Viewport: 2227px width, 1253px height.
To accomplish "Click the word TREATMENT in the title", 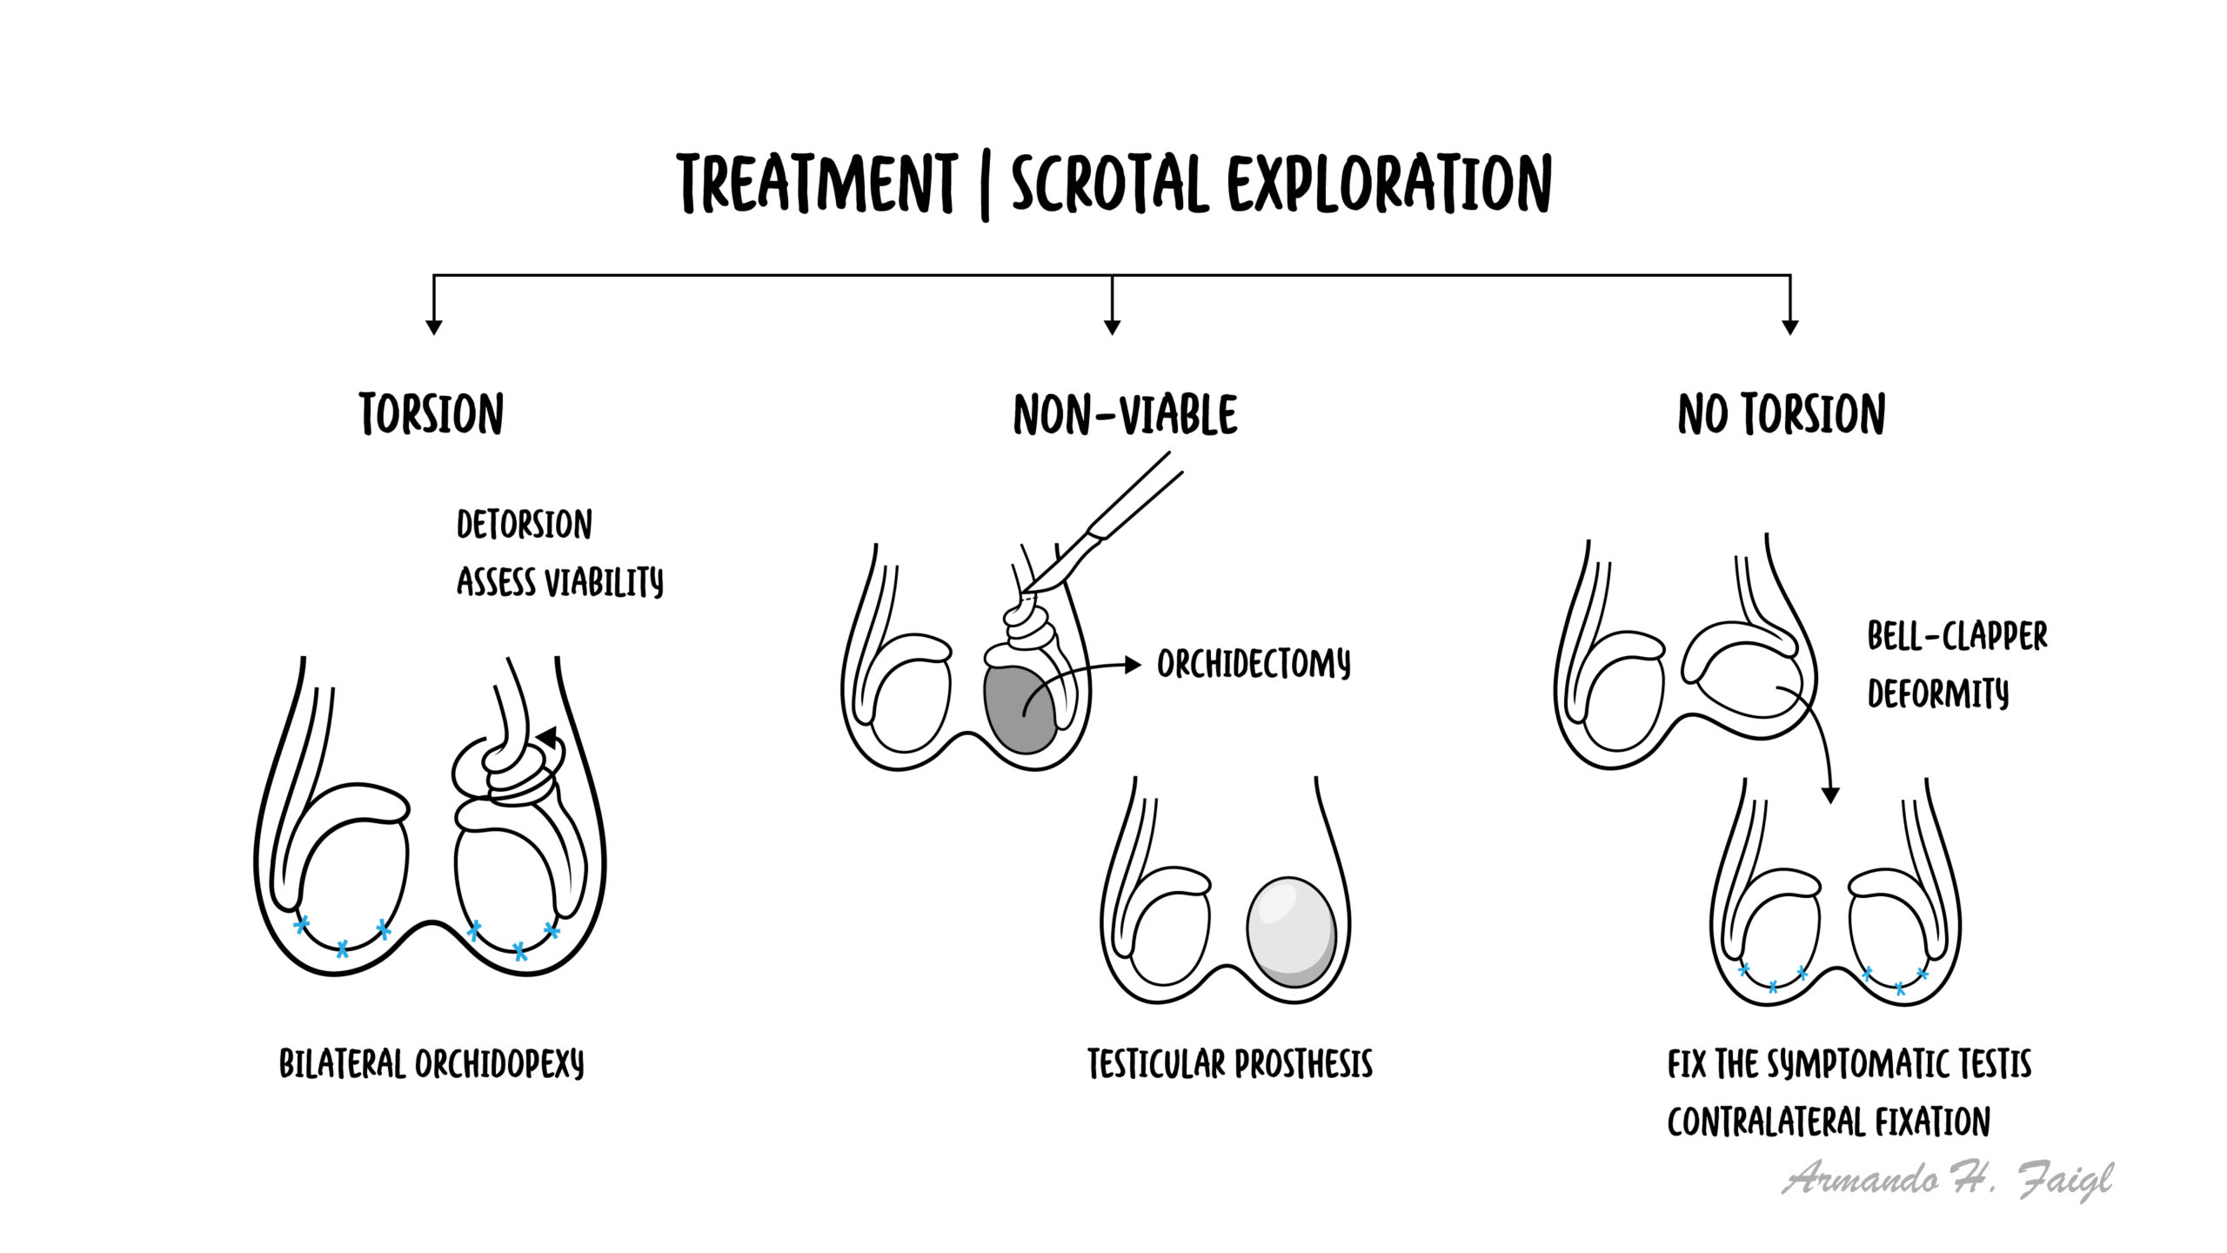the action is [817, 184].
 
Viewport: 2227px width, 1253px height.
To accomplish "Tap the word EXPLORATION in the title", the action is [1389, 184].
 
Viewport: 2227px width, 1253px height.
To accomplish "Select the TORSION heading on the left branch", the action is [431, 414].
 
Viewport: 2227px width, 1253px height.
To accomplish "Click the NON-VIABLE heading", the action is [1125, 414].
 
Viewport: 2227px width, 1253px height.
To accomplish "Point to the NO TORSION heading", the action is [1782, 414].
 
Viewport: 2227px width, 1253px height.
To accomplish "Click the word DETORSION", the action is [525, 525].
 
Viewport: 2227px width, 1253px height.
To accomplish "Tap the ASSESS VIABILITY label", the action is [560, 582].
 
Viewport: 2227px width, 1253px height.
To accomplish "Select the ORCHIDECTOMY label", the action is [1254, 665].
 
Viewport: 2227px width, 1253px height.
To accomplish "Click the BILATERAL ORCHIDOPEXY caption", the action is [431, 1064].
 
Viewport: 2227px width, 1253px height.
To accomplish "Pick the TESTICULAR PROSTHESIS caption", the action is [1230, 1064].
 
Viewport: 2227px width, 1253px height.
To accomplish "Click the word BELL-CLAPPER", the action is [1957, 636].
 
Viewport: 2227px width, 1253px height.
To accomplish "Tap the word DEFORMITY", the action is [1938, 694].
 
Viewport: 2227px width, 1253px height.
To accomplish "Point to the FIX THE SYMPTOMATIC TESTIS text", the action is [1849, 1064].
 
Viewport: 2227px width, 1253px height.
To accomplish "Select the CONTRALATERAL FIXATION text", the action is [1829, 1122].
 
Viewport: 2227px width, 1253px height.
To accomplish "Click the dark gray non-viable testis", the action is [1021, 708].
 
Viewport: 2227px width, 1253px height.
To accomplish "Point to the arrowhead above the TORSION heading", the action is [434, 327].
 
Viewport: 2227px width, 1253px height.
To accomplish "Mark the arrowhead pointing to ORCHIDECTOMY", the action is [1133, 665].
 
